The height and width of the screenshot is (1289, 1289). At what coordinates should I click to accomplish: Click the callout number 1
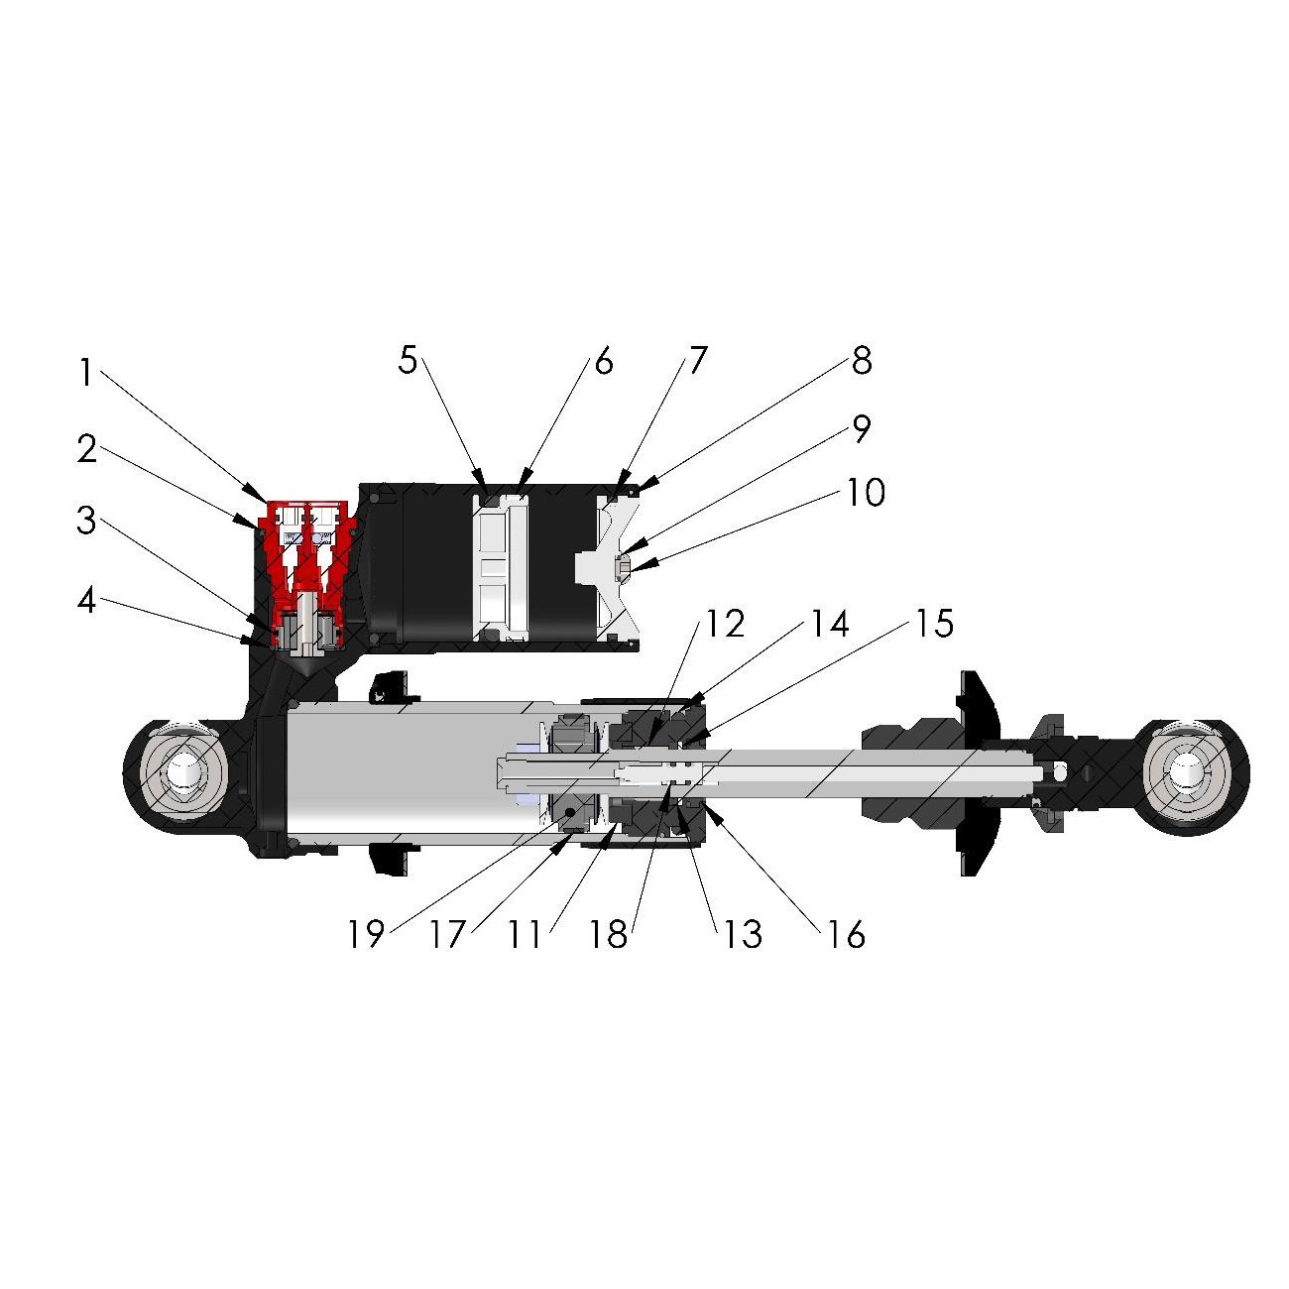coord(85,373)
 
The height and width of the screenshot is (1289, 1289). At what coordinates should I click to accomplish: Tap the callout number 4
coord(87,602)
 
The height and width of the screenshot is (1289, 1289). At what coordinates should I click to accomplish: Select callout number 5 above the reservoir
coord(408,360)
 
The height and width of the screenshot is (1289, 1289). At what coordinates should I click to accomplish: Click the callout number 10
coord(866,492)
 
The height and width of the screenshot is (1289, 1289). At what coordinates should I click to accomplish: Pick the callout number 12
coord(725,624)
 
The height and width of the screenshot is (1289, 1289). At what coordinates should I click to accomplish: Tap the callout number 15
coord(934,624)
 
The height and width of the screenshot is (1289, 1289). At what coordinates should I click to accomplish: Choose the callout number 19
coord(366,934)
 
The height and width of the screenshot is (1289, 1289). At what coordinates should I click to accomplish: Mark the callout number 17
coord(446,934)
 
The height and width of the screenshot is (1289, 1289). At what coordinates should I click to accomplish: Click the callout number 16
coord(846,934)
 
